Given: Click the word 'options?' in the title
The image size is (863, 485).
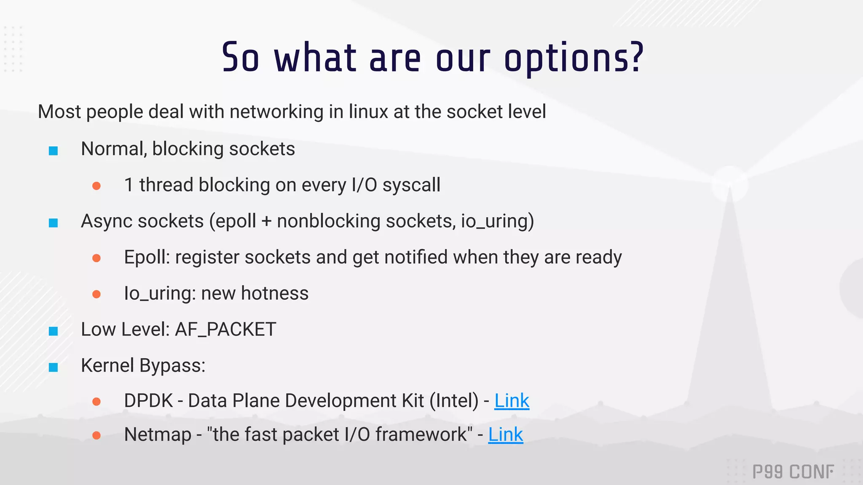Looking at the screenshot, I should [x=574, y=58].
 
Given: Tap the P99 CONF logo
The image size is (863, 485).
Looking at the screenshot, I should [x=793, y=472].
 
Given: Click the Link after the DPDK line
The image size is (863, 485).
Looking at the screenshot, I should [x=512, y=401].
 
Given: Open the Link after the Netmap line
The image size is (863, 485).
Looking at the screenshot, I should [x=506, y=435].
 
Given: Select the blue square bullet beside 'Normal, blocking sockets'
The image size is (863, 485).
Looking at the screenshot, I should [x=54, y=151].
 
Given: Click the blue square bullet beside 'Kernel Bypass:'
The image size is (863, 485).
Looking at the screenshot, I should [x=54, y=367].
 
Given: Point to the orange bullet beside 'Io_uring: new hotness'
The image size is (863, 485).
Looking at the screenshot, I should [x=96, y=294].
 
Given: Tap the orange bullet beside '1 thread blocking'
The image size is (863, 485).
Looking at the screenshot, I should [x=96, y=186].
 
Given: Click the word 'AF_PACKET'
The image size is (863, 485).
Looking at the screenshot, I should [x=225, y=330].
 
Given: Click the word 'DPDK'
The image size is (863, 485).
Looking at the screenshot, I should [x=148, y=401].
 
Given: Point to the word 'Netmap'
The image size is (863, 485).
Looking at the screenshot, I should [x=158, y=435].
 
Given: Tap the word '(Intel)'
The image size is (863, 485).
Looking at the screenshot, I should [x=454, y=401].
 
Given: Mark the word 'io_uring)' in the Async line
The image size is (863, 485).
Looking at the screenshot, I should [x=497, y=221].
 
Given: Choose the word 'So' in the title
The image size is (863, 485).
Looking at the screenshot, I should [x=240, y=58].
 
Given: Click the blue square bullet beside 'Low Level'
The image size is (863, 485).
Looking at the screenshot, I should [x=54, y=331].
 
